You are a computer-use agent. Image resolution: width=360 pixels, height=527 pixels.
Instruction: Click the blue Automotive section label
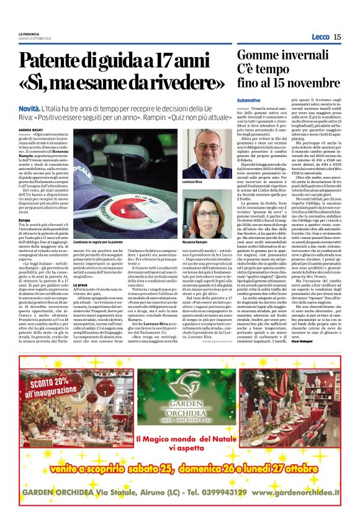tap(249, 100)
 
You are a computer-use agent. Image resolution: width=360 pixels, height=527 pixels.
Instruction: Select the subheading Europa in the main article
tap(24, 220)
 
